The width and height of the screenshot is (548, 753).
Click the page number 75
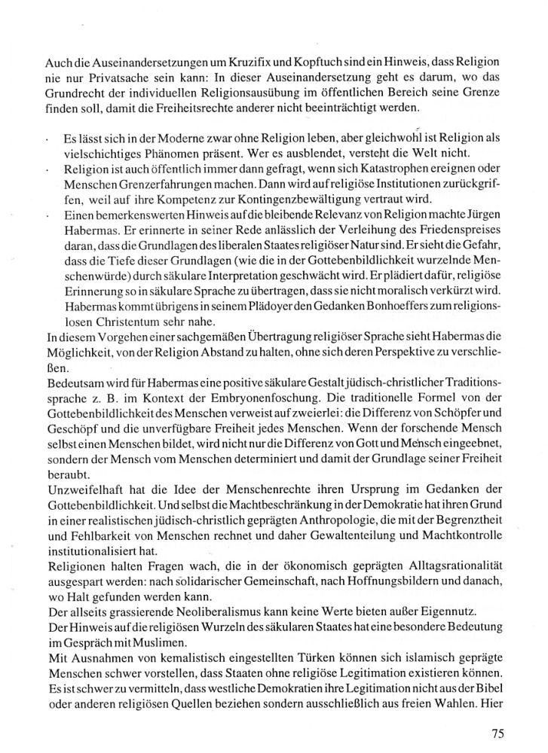pyautogui.click(x=496, y=733)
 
